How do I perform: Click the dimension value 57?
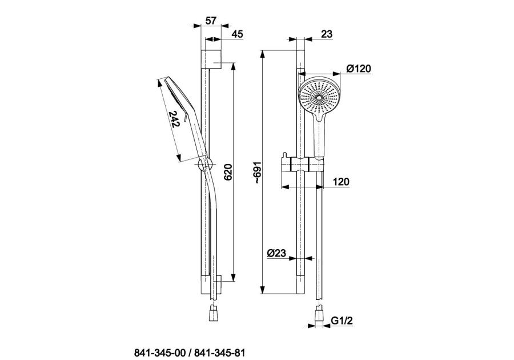pos(211,21)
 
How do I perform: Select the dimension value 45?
pos(237,34)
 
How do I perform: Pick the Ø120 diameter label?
pos(359,69)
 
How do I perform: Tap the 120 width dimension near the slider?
pos(340,182)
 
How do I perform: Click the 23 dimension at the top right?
pos(327,34)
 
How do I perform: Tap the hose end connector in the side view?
pos(214,314)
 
